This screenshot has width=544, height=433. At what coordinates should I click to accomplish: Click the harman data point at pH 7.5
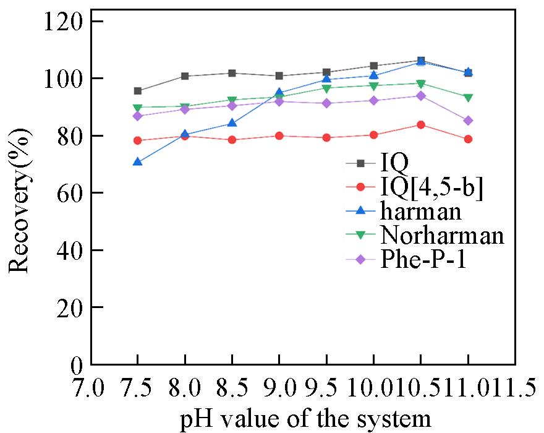tap(138, 162)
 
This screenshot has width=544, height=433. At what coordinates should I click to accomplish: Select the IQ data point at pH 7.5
tap(138, 91)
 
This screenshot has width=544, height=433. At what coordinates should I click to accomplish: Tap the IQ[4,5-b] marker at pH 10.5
tap(421, 125)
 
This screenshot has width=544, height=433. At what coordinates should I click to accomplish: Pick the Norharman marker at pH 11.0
tap(468, 98)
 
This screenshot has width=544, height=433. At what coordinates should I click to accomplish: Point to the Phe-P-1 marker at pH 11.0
tap(468, 121)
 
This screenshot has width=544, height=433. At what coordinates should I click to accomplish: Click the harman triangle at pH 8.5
tap(232, 123)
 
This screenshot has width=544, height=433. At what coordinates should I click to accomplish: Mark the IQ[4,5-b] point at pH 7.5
tap(138, 140)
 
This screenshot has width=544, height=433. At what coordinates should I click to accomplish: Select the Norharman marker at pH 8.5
tap(232, 100)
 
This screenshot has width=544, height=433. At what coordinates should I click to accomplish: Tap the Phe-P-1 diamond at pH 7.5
tap(138, 116)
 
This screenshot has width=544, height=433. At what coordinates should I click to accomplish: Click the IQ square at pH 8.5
tap(232, 73)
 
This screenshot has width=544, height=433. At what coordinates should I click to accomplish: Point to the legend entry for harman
tap(421, 212)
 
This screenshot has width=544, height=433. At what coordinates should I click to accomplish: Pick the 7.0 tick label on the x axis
tap(91, 389)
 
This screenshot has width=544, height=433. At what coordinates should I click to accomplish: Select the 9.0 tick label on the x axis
tap(279, 389)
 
